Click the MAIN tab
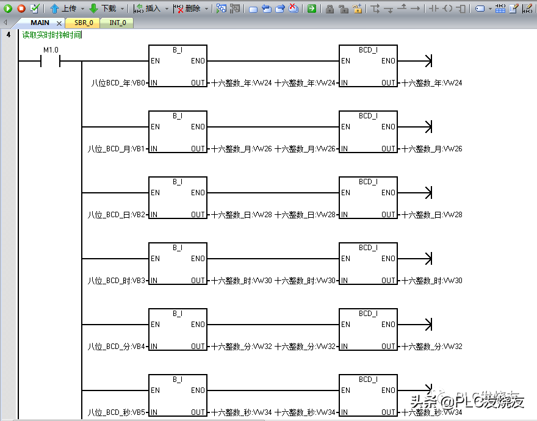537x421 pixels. click(x=40, y=23)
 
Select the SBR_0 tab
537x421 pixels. click(x=84, y=23)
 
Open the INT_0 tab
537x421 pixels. click(x=118, y=23)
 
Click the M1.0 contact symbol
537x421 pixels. click(x=50, y=61)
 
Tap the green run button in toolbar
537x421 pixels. click(x=8, y=9)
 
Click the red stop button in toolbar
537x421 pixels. click(x=21, y=9)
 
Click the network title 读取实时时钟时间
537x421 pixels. click(x=51, y=35)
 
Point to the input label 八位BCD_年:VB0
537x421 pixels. click(x=118, y=83)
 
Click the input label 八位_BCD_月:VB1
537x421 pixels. click(x=117, y=149)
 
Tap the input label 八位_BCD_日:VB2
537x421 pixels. click(x=117, y=215)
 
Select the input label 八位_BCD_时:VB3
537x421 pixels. click(x=117, y=281)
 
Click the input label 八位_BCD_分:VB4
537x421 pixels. click(x=117, y=347)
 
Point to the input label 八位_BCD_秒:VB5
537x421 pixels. click(x=117, y=412)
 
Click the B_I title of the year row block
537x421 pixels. click(x=178, y=50)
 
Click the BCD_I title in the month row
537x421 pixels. click(x=368, y=116)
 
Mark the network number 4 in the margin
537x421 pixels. click(x=9, y=35)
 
